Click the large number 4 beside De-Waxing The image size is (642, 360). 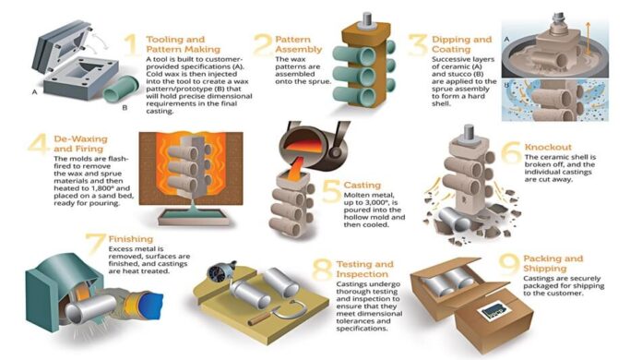[x=37, y=148]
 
